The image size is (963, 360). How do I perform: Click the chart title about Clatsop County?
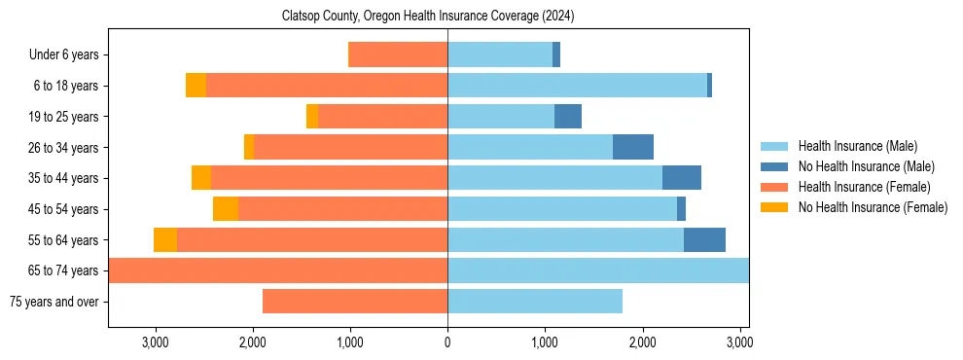click(x=428, y=16)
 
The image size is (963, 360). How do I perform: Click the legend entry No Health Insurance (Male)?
click(x=865, y=166)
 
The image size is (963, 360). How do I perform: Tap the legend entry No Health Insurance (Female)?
click(x=872, y=207)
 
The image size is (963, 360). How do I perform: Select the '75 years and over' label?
click(x=53, y=302)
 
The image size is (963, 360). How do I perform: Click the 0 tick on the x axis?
click(x=447, y=342)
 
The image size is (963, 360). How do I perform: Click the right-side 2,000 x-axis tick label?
click(x=642, y=342)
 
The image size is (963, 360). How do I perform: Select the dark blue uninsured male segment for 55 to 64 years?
click(x=704, y=239)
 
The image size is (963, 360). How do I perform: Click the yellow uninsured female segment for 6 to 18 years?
click(x=196, y=86)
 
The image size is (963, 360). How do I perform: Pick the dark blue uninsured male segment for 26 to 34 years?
click(x=633, y=147)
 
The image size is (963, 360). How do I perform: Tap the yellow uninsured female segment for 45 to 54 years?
click(x=226, y=209)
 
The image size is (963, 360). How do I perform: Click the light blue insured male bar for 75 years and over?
click(x=535, y=302)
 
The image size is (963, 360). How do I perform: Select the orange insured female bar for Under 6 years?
click(x=398, y=55)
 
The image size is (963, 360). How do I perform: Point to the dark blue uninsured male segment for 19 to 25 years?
click(x=568, y=117)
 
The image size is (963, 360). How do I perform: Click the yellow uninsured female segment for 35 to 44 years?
click(x=201, y=178)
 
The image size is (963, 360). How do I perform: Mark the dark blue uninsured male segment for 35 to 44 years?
click(x=682, y=178)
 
